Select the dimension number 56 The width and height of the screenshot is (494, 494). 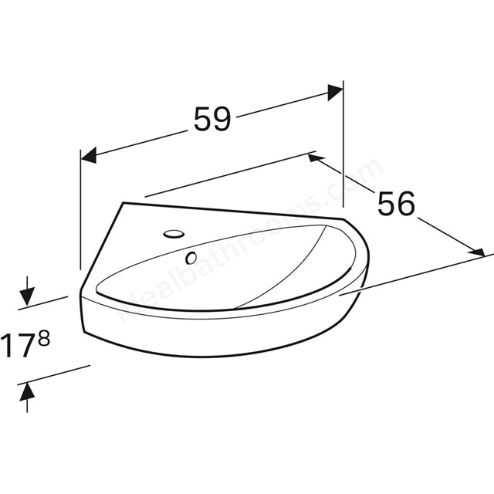coord(396,203)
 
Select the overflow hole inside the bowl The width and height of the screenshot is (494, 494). coord(189,257)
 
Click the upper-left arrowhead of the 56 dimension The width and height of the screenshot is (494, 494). coord(315,158)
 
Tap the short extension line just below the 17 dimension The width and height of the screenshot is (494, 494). coord(54,374)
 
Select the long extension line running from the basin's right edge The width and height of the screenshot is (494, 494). coord(417,274)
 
